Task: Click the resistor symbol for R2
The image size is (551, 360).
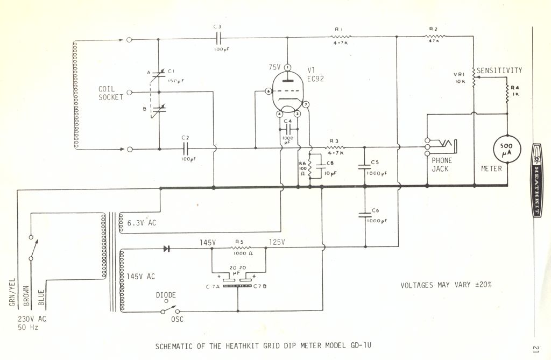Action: (434, 36)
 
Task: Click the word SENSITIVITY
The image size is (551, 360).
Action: (499, 70)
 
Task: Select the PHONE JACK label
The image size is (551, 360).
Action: (442, 165)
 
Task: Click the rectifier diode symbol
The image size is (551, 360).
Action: (166, 249)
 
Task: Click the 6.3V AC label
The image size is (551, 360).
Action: (141, 222)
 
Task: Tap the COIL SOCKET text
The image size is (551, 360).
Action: (110, 93)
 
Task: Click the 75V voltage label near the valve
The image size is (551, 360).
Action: (275, 67)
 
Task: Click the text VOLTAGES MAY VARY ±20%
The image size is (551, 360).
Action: (446, 285)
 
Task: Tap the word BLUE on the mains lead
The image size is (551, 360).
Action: (41, 299)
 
